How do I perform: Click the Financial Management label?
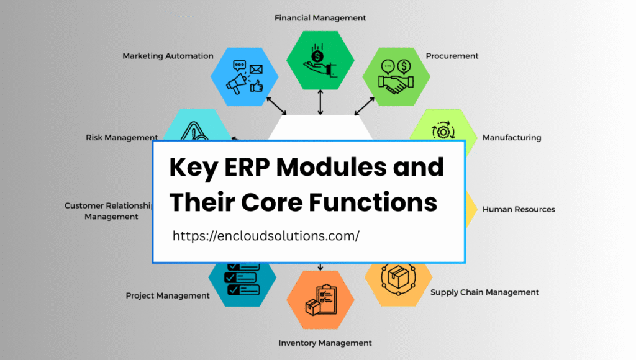click(x=320, y=18)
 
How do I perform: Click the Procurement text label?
click(x=452, y=56)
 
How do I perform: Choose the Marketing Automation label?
click(x=168, y=56)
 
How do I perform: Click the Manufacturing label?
click(x=512, y=137)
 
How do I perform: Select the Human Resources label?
click(x=519, y=209)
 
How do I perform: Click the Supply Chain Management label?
click(x=484, y=292)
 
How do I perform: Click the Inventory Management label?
click(x=325, y=343)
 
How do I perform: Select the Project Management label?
click(x=168, y=296)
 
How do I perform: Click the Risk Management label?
click(x=122, y=137)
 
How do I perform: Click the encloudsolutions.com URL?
click(x=266, y=236)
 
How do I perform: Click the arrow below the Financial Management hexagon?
click(x=320, y=102)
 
